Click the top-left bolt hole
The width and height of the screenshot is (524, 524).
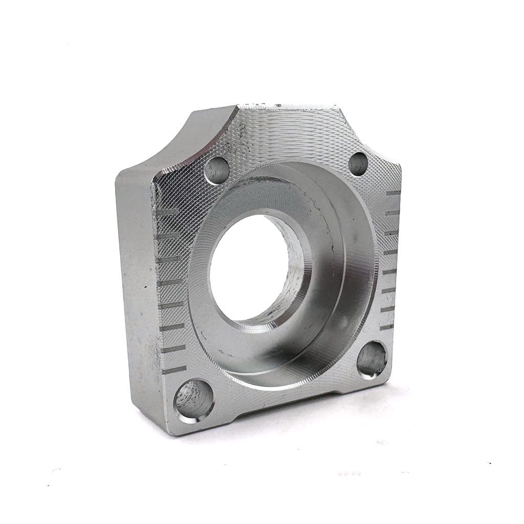click(216, 170)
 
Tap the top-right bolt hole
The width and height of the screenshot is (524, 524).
click(358, 164)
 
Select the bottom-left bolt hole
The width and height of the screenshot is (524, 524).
click(194, 400)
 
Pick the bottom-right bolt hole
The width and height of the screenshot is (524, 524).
click(372, 360)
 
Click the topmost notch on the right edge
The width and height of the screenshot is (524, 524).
click(393, 193)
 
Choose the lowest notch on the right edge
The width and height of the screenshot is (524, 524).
click(387, 326)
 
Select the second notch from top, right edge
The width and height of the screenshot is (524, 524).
click(392, 212)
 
